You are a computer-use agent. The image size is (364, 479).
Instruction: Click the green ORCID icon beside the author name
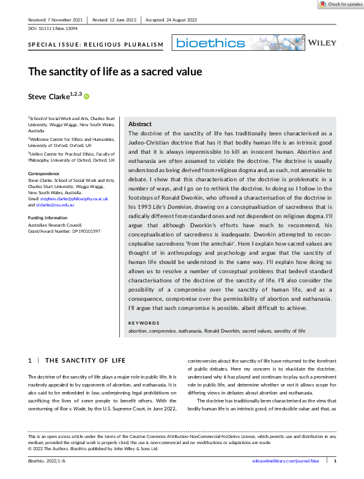point(86,96)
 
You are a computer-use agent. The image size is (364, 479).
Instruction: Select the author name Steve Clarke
point(48,96)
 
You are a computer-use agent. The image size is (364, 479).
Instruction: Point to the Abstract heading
point(141,123)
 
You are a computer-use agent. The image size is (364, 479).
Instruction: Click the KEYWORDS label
point(144,323)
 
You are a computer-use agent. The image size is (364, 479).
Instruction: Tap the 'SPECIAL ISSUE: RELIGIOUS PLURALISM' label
point(97,45)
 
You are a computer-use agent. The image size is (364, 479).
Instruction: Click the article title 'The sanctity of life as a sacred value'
point(115,72)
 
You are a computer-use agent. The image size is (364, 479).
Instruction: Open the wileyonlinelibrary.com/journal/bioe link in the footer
point(286,460)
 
